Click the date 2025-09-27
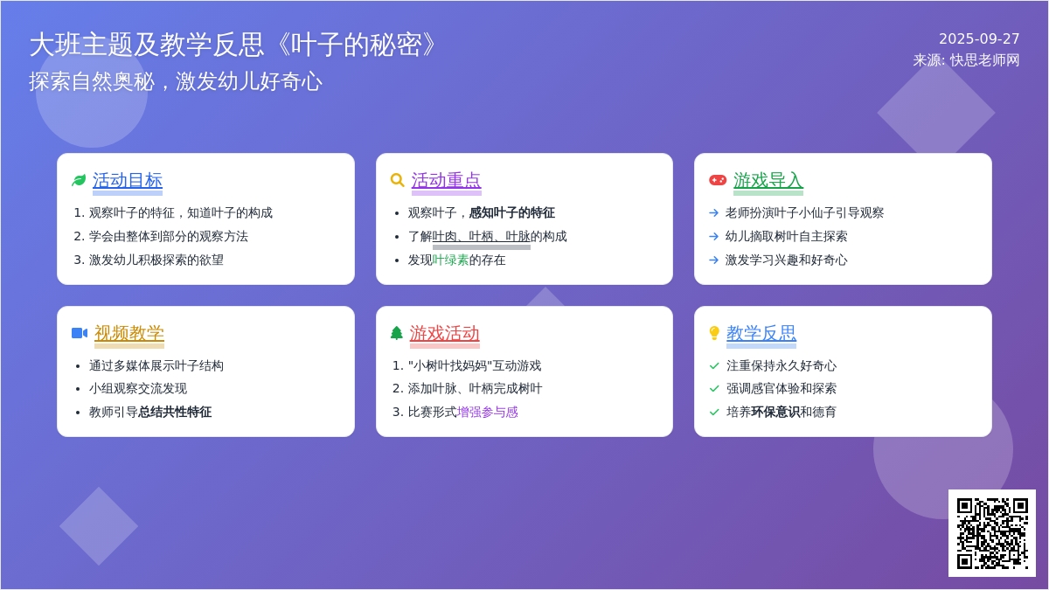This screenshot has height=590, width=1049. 979,38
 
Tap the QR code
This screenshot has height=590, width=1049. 992,533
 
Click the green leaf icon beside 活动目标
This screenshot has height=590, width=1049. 79,180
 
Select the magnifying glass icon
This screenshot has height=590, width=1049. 397,180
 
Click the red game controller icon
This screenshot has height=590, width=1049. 718,180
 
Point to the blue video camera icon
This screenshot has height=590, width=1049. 80,333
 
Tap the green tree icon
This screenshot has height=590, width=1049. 397,333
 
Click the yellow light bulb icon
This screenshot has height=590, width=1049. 714,333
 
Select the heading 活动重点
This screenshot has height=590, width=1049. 447,180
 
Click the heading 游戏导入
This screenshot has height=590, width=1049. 768,180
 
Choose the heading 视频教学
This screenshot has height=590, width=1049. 129,333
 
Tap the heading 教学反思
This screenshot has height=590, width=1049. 761,333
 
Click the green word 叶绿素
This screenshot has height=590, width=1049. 450,260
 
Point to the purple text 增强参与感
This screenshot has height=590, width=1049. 488,412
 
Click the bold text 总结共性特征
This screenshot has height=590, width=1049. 175,412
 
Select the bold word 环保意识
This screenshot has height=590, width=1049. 775,412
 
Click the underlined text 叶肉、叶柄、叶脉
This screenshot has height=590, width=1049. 482,237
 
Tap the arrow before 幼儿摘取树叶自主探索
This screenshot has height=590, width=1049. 713,237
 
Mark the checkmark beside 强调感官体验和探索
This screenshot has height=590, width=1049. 714,389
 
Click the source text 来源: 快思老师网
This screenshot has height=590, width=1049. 966,60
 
